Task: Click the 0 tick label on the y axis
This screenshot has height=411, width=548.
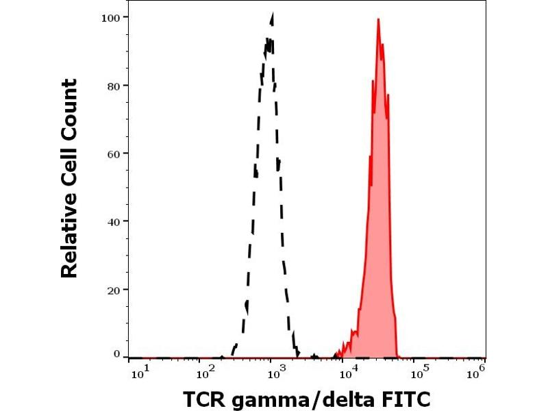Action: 117,354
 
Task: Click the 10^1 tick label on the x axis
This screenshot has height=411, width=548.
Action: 138,371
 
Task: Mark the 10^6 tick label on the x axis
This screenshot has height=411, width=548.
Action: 477,371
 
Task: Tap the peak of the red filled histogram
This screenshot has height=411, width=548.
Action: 378,19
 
